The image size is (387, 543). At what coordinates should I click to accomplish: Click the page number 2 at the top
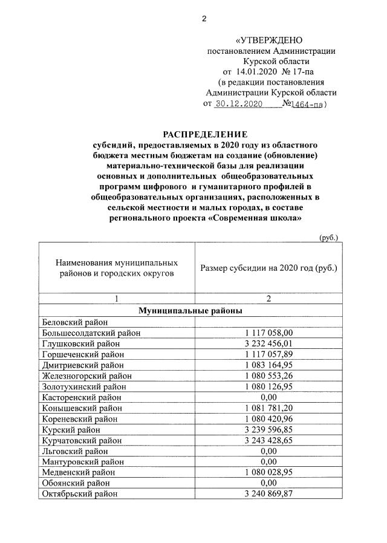pyautogui.click(x=204, y=19)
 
